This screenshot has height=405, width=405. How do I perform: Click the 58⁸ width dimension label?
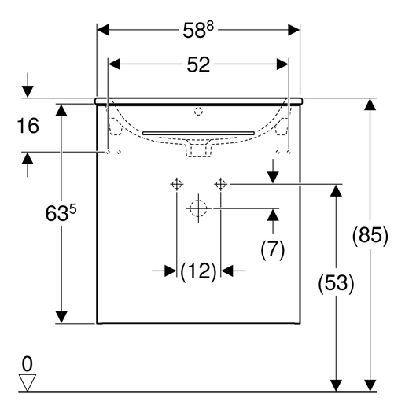click(x=198, y=30)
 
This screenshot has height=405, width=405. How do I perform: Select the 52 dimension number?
click(x=198, y=64)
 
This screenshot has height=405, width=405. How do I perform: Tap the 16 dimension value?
click(x=28, y=126)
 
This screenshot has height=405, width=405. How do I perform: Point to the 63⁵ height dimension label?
click(x=61, y=213)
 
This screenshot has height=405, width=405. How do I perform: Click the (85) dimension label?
click(x=370, y=235)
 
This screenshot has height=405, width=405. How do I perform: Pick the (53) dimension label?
click(x=336, y=283)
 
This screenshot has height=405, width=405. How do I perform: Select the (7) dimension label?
click(x=273, y=249)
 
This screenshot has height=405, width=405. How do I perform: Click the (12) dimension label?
click(x=199, y=271)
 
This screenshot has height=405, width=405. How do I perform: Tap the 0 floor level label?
click(x=28, y=363)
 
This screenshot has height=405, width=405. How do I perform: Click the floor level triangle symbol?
click(x=28, y=382)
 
